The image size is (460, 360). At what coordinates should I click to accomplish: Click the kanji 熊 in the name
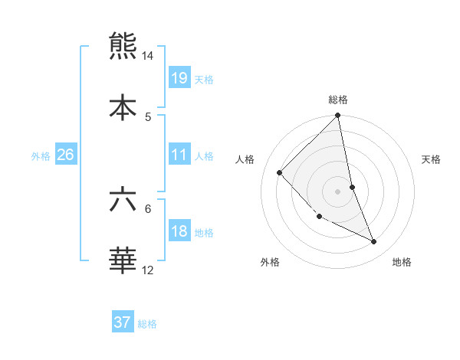[123, 45]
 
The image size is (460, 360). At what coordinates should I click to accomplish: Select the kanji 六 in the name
[123, 198]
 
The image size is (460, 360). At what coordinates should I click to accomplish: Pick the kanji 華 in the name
[123, 260]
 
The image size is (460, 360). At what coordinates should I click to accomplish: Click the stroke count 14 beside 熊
[148, 56]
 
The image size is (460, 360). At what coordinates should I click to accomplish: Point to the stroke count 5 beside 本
[148, 116]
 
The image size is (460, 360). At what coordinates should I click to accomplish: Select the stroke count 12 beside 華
[148, 270]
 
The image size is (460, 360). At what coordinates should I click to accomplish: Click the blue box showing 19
[179, 78]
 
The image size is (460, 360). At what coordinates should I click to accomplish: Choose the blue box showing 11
[179, 155]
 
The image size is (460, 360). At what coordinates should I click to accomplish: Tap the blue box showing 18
[179, 231]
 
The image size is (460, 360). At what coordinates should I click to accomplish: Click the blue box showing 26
[65, 155]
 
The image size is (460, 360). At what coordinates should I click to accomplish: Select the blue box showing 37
[123, 322]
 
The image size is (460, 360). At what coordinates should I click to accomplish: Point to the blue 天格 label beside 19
[203, 80]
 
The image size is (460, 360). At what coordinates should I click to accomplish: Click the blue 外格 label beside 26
[41, 156]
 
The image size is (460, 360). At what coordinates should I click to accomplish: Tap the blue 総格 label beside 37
[147, 324]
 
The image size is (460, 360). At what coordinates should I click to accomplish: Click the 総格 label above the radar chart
[338, 100]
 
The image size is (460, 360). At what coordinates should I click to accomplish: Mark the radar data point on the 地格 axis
[374, 242]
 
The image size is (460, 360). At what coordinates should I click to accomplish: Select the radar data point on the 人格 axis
[280, 173]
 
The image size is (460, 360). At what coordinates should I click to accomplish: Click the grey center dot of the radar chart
[338, 191]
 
